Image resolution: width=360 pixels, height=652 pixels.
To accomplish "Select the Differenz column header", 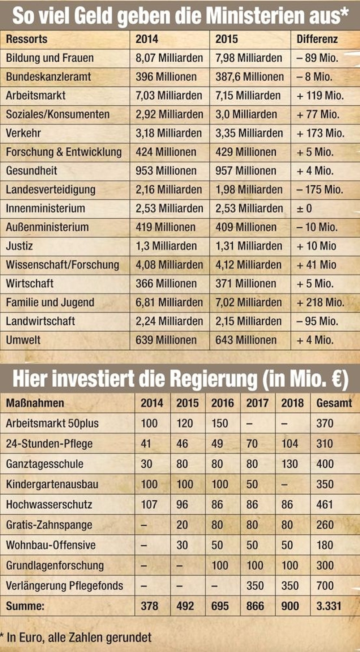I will (x=317, y=39).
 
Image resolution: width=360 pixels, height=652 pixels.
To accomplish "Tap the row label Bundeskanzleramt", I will (x=48, y=77).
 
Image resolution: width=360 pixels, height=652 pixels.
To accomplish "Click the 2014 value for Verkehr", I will (x=168, y=133).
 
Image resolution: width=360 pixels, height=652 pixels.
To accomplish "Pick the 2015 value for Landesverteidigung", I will (x=249, y=190).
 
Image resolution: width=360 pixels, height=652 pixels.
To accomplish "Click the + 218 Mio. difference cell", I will (x=320, y=302).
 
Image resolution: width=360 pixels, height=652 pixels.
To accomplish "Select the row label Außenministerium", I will (x=47, y=227).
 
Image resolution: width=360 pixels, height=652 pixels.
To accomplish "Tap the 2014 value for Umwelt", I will (x=166, y=340).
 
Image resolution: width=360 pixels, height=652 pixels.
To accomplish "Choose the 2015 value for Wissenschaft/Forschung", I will (x=248, y=265).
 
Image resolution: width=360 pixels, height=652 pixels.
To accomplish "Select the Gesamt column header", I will (x=334, y=403).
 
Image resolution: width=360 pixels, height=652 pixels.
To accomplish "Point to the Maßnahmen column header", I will (x=35, y=403).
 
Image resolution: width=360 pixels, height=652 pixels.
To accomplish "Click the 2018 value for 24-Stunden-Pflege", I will (x=290, y=443).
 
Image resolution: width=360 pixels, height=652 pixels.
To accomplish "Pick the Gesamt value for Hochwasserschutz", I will (x=325, y=504).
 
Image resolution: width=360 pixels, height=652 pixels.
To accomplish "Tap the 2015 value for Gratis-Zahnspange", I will (x=182, y=525).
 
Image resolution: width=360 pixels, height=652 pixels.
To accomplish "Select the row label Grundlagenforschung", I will (x=55, y=565).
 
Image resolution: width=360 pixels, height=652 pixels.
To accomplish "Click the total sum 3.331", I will (x=329, y=606).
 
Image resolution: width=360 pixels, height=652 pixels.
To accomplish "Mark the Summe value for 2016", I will (x=220, y=606).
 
